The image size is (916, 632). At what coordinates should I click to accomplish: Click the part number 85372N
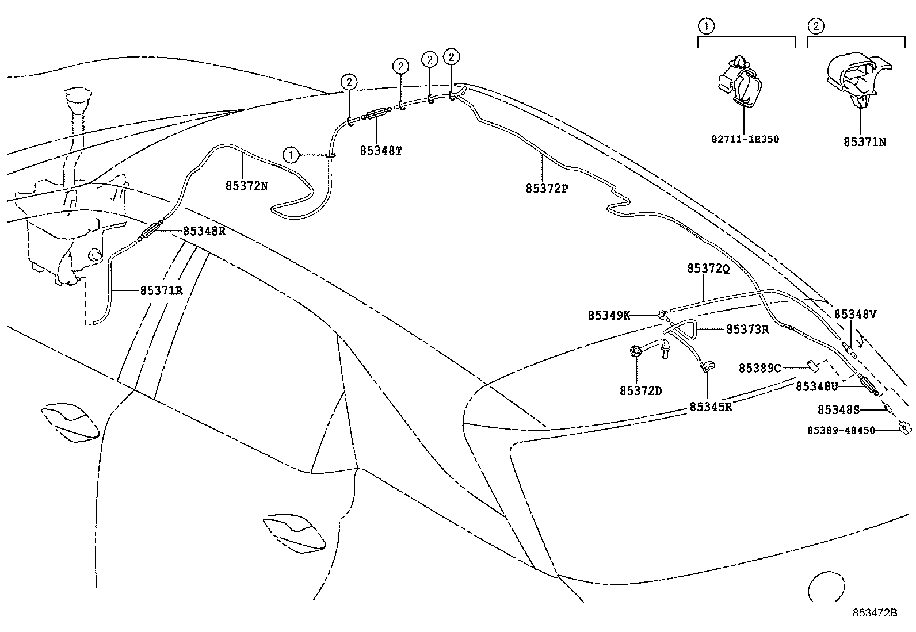point(247,186)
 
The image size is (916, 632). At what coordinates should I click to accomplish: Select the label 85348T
point(381,151)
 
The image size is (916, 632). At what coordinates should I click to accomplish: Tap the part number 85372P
point(547,188)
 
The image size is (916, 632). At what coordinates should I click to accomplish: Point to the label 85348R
point(204,231)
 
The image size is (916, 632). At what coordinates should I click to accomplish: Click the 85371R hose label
point(161,290)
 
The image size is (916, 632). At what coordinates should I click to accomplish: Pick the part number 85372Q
point(708,269)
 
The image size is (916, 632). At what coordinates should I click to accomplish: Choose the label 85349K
point(609,315)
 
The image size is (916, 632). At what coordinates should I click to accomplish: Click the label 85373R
point(747,330)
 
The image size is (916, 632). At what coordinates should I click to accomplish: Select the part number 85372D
point(640,391)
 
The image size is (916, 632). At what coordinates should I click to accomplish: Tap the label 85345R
point(711,407)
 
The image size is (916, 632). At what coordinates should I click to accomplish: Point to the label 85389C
point(759,368)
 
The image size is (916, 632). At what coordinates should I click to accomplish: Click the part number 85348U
point(816,387)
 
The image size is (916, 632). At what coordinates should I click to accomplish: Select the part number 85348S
point(838,409)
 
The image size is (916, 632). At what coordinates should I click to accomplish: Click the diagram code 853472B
point(875,613)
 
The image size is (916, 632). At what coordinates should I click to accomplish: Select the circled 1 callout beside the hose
point(291,155)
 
